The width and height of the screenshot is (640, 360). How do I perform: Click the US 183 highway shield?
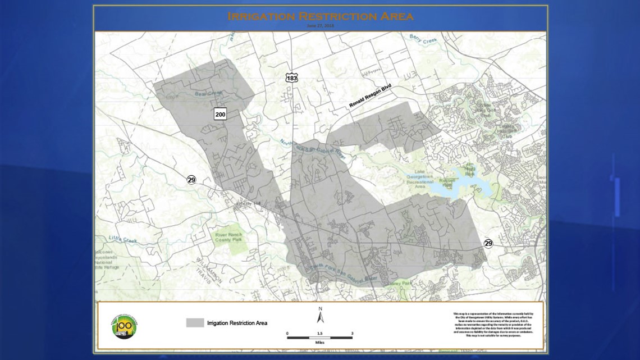(x=291, y=78)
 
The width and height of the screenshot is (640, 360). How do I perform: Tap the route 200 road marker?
(x=220, y=114)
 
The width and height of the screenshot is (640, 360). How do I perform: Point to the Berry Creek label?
(x=422, y=39)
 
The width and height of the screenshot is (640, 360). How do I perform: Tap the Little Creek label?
(x=122, y=240)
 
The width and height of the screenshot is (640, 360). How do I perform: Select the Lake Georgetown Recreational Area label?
(x=420, y=181)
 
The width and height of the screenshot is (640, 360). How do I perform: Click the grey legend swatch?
(x=195, y=322)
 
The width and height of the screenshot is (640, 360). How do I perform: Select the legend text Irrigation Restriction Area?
(x=237, y=323)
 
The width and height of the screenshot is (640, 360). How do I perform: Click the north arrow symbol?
(x=320, y=317)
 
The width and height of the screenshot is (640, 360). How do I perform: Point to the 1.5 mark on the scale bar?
(x=319, y=334)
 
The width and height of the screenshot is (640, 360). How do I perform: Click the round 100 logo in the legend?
(x=124, y=325)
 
